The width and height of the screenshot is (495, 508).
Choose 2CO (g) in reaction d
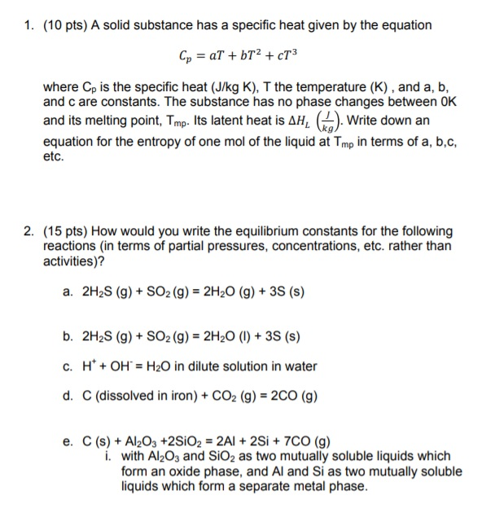(289, 398)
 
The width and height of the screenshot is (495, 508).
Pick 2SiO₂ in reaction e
(193, 442)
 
